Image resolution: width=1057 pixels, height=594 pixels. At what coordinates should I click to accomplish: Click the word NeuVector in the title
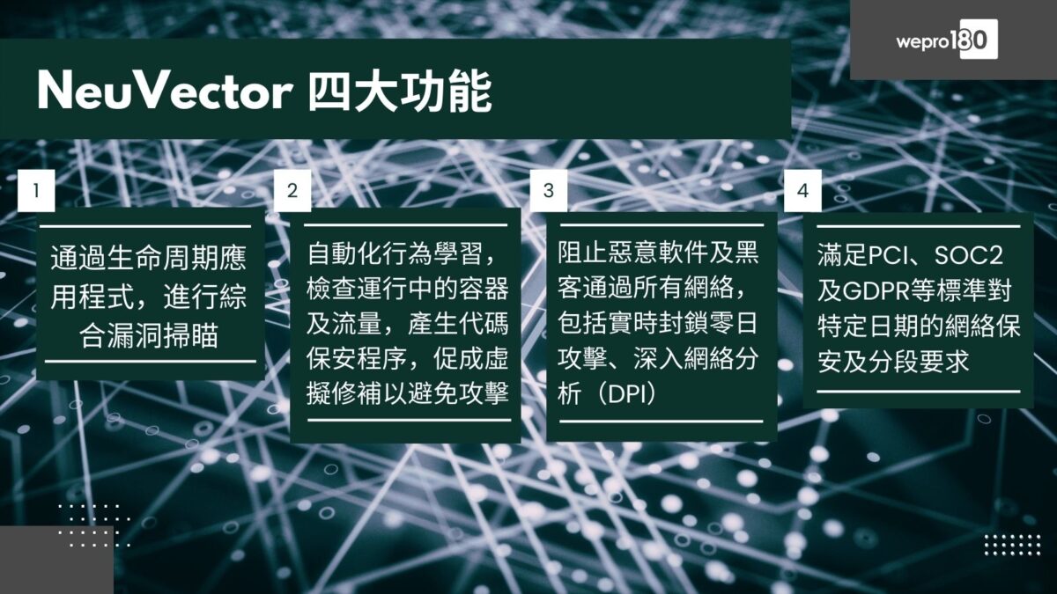pos(164,91)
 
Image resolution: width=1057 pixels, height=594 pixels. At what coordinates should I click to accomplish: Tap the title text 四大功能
pos(399,91)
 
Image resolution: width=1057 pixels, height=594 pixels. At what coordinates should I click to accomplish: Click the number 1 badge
pos(36,190)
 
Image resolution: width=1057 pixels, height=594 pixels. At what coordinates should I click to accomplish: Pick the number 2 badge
pos(292,190)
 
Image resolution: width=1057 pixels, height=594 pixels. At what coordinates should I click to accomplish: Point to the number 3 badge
pos(549,190)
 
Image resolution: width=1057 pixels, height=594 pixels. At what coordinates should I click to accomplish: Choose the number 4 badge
pos(802,190)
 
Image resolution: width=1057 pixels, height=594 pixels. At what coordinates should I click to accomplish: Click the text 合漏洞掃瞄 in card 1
pos(149,337)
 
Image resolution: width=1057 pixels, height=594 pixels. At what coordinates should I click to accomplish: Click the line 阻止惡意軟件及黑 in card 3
pos(658,254)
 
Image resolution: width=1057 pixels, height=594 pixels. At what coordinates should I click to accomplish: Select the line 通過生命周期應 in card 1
pos(149,260)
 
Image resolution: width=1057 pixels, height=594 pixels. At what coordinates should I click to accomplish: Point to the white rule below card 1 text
pos(150,361)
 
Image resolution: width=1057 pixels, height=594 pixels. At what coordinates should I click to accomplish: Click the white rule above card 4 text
pos(919,227)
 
